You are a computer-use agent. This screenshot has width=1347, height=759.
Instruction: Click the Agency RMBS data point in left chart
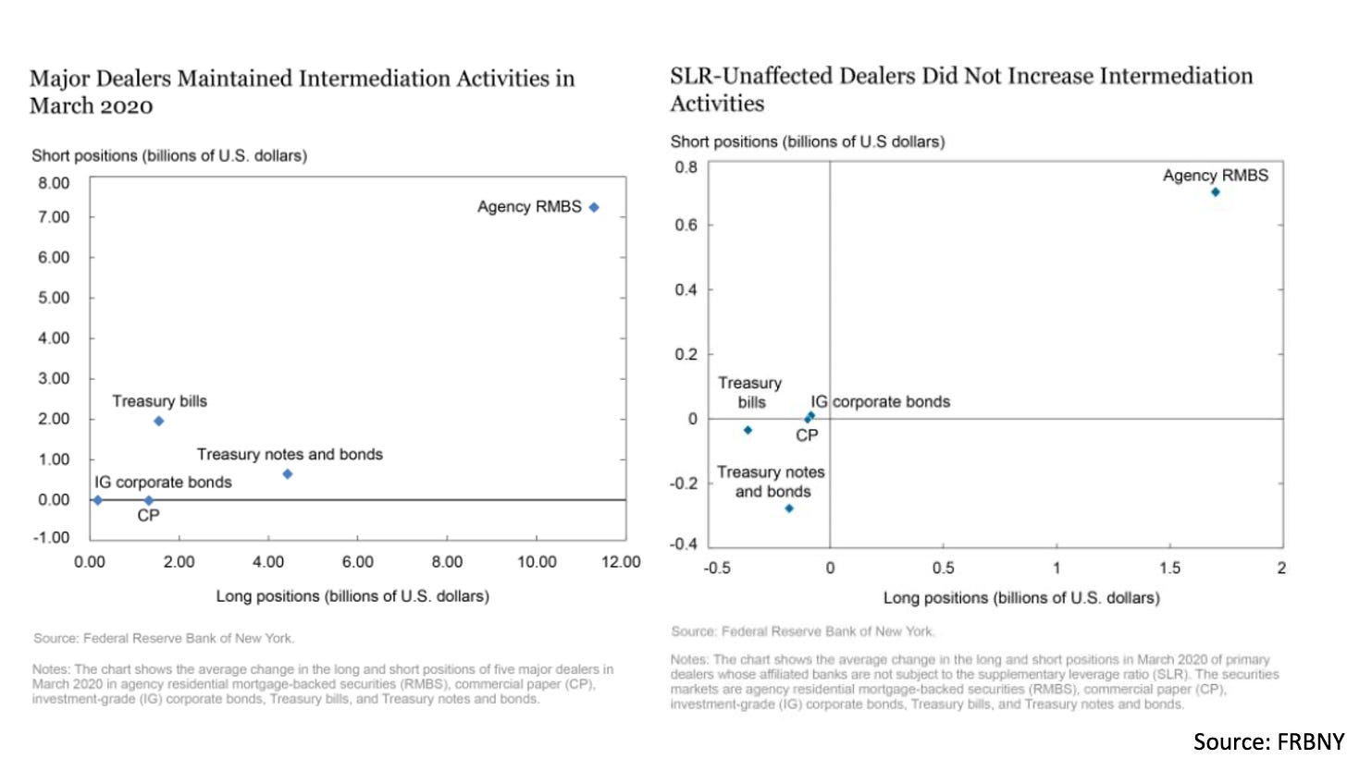[594, 207]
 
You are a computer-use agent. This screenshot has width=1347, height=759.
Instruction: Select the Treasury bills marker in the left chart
[158, 421]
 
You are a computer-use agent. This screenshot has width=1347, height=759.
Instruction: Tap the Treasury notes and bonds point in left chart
[288, 474]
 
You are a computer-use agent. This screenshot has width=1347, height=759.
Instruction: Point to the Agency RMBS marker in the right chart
[1216, 192]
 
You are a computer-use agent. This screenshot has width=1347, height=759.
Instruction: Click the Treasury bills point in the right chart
[748, 430]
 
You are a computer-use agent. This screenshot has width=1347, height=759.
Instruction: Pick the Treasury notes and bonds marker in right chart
[789, 508]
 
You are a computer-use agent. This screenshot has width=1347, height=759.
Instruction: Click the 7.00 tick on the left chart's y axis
[54, 217]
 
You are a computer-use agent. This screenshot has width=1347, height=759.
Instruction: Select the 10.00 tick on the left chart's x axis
[537, 562]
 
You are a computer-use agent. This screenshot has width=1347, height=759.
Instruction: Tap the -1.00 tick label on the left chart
[52, 537]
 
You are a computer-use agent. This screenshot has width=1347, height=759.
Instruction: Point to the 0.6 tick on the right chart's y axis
[686, 226]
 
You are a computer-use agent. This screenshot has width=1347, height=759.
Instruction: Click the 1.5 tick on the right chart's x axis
[1170, 569]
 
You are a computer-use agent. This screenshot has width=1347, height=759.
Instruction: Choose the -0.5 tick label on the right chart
[717, 569]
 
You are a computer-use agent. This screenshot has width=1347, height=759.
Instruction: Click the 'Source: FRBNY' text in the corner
[1268, 741]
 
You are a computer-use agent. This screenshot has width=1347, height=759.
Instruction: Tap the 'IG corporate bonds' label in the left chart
[163, 483]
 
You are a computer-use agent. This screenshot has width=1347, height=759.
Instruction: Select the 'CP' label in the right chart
[807, 436]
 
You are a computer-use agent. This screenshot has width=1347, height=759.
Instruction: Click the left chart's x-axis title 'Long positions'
[352, 596]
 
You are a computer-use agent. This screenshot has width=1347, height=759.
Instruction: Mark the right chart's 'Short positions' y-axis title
[807, 142]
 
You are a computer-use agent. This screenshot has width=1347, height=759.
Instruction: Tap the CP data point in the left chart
[148, 500]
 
